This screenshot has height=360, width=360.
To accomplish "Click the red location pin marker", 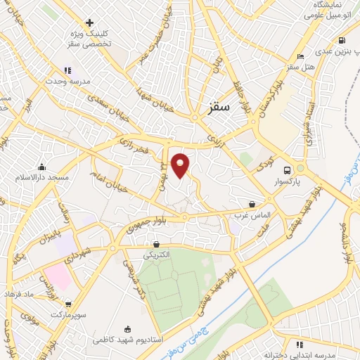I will pos(181,165).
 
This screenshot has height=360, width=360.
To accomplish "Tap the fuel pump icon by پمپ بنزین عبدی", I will pos(342,40).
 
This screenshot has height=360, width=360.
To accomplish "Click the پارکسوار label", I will pos(286,181).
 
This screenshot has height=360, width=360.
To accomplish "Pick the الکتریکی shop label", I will pos(156,255).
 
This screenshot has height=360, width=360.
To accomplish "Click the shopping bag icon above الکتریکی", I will pos(156,245).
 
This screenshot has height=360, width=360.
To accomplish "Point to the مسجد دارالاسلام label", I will pos(43,177).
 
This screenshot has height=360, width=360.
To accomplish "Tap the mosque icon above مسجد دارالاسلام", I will pos(43,167).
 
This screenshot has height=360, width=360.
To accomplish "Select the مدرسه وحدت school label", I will pos(67,81).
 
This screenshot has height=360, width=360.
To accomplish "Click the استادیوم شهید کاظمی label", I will pos(128,339).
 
